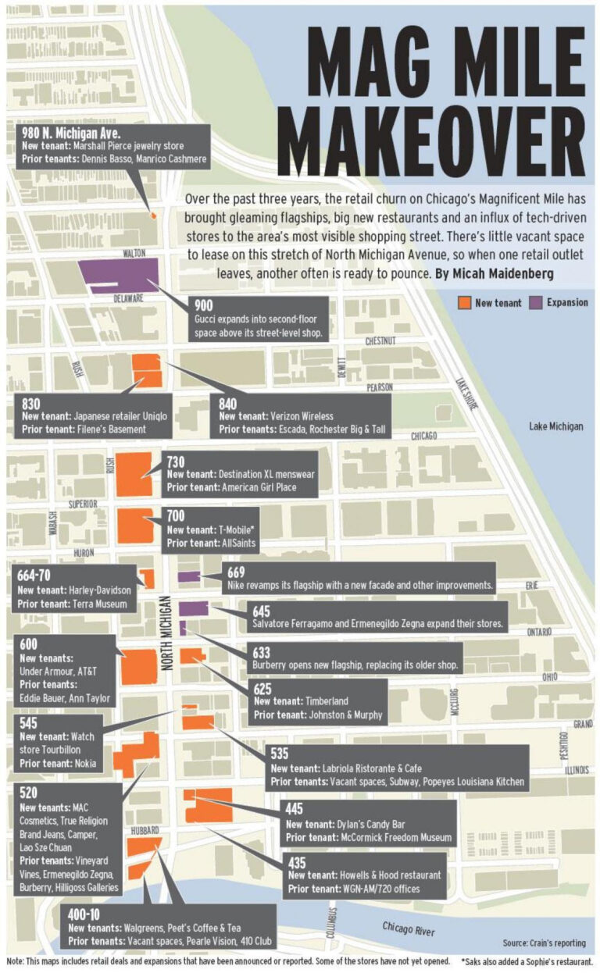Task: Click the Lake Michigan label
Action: pyautogui.click(x=555, y=426)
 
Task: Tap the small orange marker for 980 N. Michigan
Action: pyautogui.click(x=153, y=214)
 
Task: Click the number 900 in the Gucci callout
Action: pyautogui.click(x=203, y=305)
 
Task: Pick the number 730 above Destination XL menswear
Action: pyautogui.click(x=176, y=462)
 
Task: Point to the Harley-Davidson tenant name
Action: pyautogui.click(x=98, y=589)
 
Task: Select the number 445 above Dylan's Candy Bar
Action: pyautogui.click(x=295, y=809)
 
